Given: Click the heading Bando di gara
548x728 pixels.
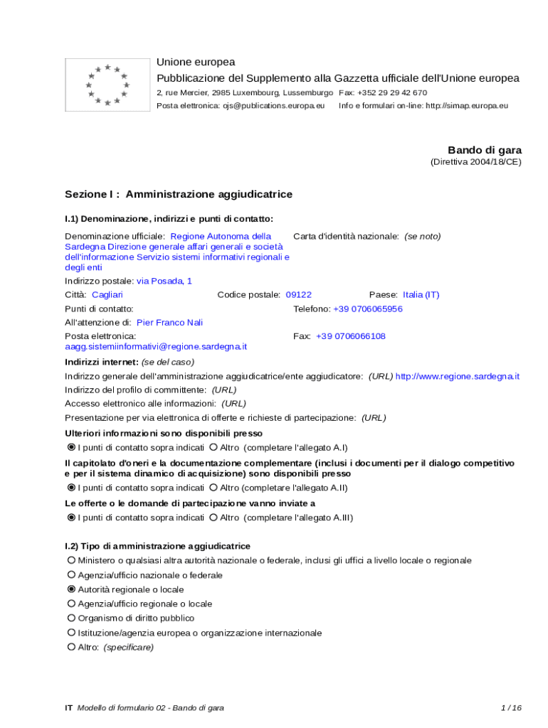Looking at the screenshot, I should pyautogui.click(x=484, y=150).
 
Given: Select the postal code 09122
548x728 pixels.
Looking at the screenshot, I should pyautogui.click(x=298, y=294).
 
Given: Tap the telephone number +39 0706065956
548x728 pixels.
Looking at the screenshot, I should pyautogui.click(x=368, y=309).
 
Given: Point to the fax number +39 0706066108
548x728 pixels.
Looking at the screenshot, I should pyautogui.click(x=351, y=336).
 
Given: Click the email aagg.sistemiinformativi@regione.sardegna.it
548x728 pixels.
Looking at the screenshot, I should pyautogui.click(x=156, y=346).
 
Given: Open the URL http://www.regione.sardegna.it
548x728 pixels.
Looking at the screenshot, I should pyautogui.click(x=457, y=376).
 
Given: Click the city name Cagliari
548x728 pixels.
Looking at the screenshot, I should pyautogui.click(x=107, y=294).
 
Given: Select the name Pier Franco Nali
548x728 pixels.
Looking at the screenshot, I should pyautogui.click(x=169, y=322).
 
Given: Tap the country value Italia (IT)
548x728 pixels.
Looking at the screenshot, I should pyautogui.click(x=421, y=294).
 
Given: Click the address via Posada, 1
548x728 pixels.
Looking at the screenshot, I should pyautogui.click(x=164, y=281).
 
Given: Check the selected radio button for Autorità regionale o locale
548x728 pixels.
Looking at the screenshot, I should pyautogui.click(x=71, y=589).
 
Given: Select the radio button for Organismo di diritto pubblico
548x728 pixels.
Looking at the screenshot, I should pyautogui.click(x=71, y=619).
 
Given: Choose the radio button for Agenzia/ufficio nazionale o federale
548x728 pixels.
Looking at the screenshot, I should pyautogui.click(x=71, y=575).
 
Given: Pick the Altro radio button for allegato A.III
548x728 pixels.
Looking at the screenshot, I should pyautogui.click(x=214, y=518).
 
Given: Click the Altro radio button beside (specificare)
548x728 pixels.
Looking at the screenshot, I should pyautogui.click(x=71, y=648).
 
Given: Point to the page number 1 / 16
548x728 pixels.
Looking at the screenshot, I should pyautogui.click(x=511, y=708).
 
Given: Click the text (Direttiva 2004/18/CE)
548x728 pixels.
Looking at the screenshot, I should pyautogui.click(x=475, y=162).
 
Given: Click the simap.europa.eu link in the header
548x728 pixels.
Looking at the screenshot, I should pyautogui.click(x=467, y=106).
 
